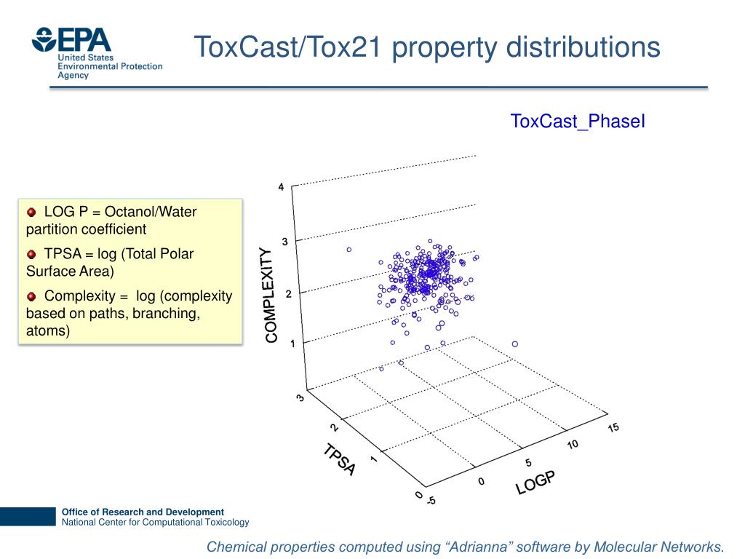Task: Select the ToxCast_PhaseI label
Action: [578, 121]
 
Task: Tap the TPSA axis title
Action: [340, 460]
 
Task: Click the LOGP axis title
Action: [535, 483]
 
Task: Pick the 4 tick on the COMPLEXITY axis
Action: [282, 187]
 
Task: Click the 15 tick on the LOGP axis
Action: [613, 427]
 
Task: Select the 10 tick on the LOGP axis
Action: [573, 445]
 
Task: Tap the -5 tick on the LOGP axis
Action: [431, 501]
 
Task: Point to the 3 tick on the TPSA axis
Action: [300, 397]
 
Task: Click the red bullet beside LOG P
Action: [31, 212]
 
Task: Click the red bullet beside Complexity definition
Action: [31, 296]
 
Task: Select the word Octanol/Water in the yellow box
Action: [151, 212]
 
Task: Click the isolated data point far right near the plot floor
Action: [515, 344]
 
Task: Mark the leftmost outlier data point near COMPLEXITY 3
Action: [349, 250]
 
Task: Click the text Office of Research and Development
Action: [143, 512]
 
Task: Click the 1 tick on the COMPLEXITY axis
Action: [292, 344]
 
